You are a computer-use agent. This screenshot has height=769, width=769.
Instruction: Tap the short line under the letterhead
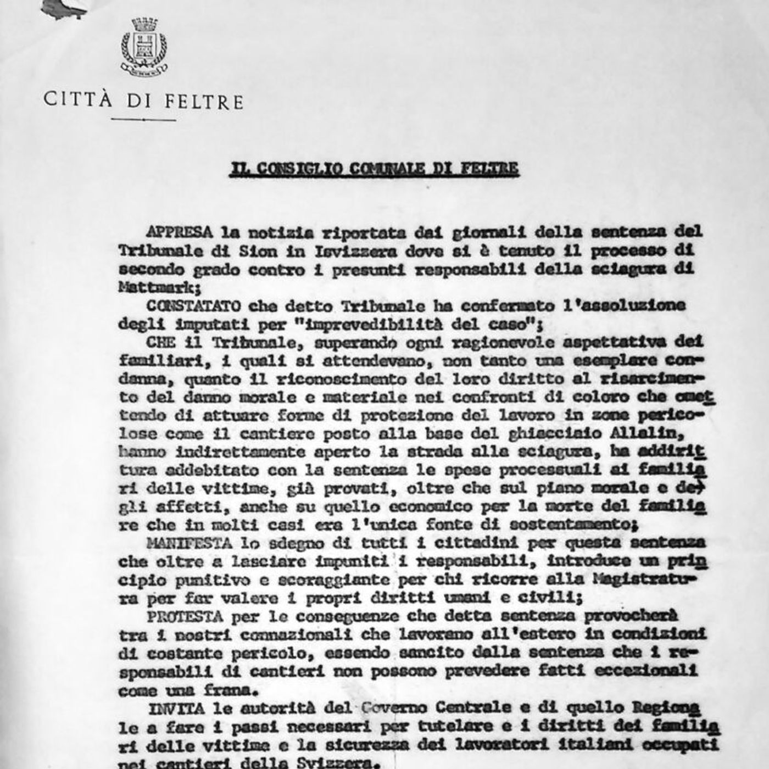tap(143, 119)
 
